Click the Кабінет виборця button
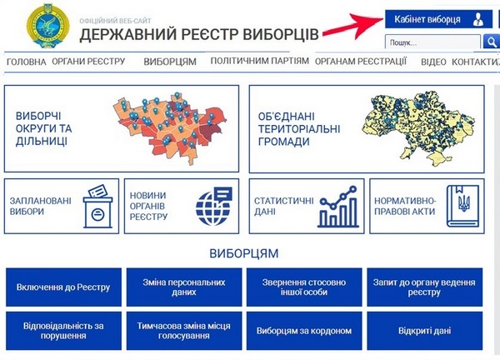pyautogui.click(x=438, y=19)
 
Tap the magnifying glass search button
pyautogui.click(x=492, y=42)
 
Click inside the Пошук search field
pyautogui.click(x=432, y=42)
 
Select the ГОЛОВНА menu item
pyautogui.click(x=26, y=62)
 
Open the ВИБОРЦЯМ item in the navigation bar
pyautogui.click(x=170, y=62)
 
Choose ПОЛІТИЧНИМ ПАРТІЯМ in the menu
pyautogui.click(x=259, y=61)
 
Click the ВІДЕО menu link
pyautogui.click(x=433, y=62)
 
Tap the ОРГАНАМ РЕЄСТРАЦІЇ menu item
pyautogui.click(x=361, y=61)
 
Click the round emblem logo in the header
pyautogui.click(x=48, y=26)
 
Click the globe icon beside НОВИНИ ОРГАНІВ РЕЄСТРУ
pyautogui.click(x=213, y=206)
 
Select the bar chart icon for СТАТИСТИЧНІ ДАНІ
pyautogui.click(x=338, y=207)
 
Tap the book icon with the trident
pyautogui.click(x=462, y=206)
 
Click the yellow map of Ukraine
pyautogui.click(x=418, y=127)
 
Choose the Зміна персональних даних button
pyautogui.click(x=184, y=287)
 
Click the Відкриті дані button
pyautogui.click(x=424, y=331)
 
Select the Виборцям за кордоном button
pyautogui.click(x=304, y=331)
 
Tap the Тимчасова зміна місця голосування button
pyautogui.click(x=184, y=331)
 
